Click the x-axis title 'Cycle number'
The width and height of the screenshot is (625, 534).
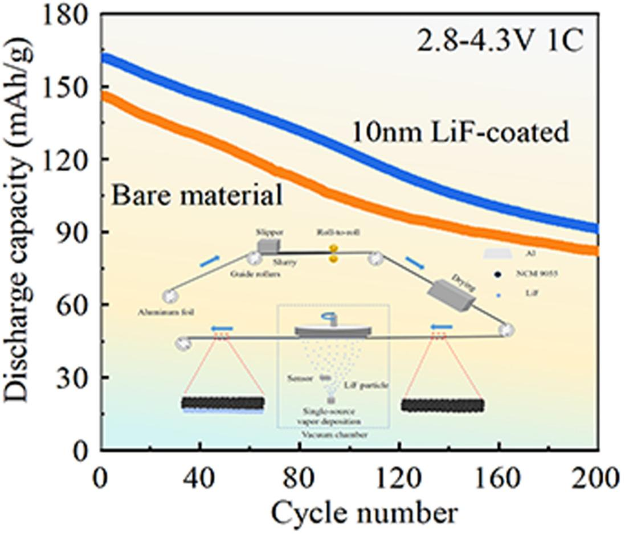(x=363, y=513)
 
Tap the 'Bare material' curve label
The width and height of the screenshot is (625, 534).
(x=197, y=195)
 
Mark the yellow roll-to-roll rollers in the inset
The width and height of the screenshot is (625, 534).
(x=333, y=254)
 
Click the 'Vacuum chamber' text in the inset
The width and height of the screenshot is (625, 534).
(x=334, y=435)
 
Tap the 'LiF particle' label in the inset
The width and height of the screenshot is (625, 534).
(x=367, y=385)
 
